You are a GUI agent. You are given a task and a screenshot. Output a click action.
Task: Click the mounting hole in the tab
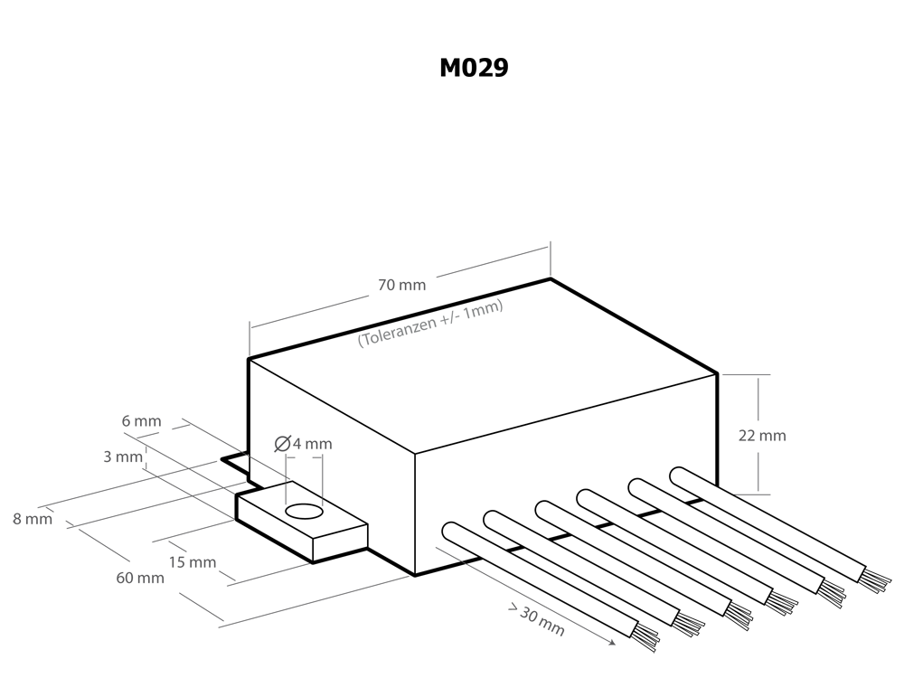pos(304,513)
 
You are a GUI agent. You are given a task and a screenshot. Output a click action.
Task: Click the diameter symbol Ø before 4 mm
pos(281,444)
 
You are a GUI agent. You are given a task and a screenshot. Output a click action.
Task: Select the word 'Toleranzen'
pos(391,331)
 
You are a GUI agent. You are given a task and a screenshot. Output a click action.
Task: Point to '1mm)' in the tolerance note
pos(485,306)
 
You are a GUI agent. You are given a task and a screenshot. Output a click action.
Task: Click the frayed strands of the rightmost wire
pos(874,581)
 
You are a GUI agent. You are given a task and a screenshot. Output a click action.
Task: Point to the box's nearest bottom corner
pos(415,572)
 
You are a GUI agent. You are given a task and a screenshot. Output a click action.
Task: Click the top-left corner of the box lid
pos(250,361)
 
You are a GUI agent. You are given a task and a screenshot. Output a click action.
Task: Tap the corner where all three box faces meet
pos(415,452)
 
